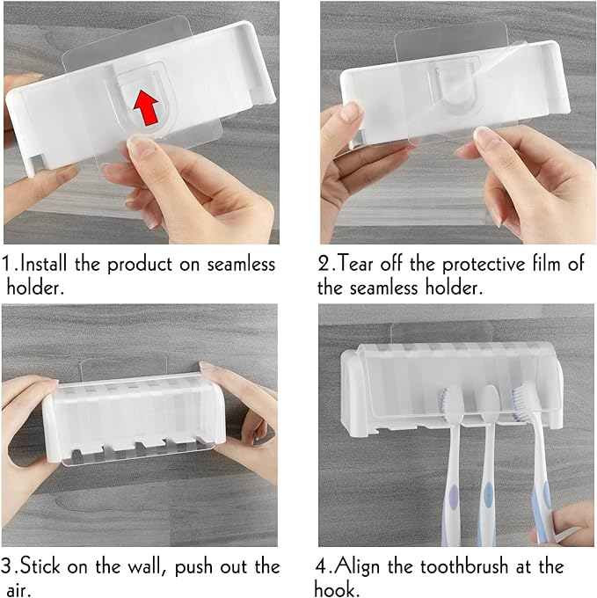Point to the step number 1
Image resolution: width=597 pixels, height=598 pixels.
pyautogui.click(x=8, y=264)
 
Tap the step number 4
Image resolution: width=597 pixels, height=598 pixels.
pyautogui.click(x=323, y=565)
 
